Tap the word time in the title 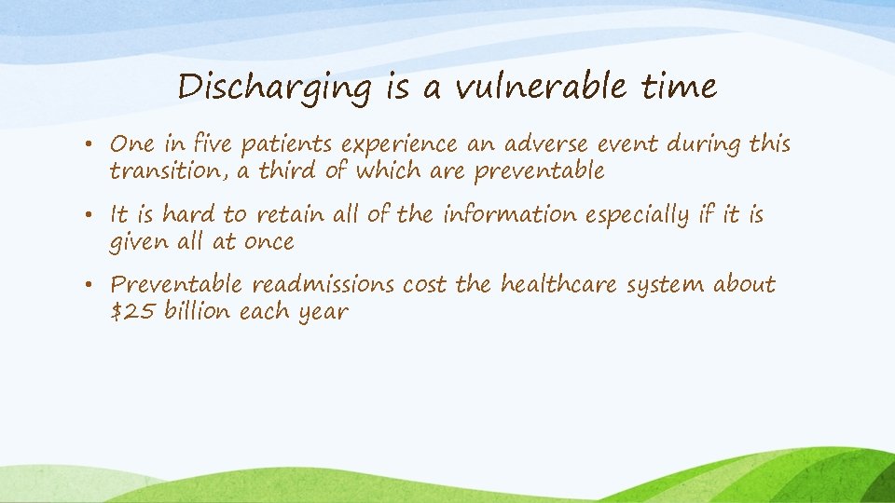[x=680, y=88]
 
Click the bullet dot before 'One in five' [x=96, y=145]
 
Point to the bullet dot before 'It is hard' [x=96, y=215]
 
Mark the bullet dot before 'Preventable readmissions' [x=96, y=285]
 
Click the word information [x=510, y=215]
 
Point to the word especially [x=646, y=215]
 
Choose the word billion [x=198, y=311]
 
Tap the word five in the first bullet [x=212, y=145]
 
